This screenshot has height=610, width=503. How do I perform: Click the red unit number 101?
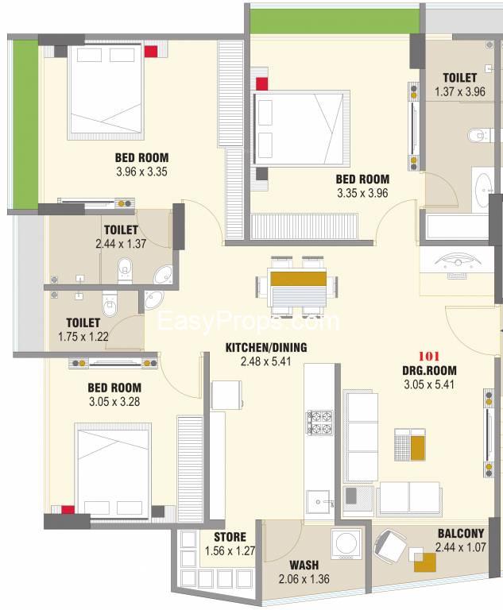point(429,356)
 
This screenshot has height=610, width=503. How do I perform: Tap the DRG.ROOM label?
point(429,370)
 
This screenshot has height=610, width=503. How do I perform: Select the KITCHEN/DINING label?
point(266,347)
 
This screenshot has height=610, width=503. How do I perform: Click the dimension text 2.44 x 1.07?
point(461,547)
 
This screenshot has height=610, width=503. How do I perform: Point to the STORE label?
point(230,537)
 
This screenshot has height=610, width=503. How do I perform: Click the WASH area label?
point(304,565)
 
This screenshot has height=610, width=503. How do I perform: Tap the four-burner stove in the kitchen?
point(320,423)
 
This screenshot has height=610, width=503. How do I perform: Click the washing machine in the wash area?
point(346,544)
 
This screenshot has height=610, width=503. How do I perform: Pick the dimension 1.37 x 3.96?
point(460,92)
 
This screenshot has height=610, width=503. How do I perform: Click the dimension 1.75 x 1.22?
point(83,337)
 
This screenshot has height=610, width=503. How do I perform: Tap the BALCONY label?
point(461,534)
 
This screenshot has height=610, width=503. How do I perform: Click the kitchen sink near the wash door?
point(318,502)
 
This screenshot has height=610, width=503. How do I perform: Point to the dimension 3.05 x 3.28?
point(114,401)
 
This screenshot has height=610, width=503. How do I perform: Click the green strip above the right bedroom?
point(335,21)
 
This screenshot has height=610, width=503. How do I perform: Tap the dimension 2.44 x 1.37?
point(121,244)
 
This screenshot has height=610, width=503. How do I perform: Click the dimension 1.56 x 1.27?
point(230,551)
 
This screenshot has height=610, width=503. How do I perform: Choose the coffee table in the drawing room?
point(410,444)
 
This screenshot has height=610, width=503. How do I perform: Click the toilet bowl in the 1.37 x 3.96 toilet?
point(478,135)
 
